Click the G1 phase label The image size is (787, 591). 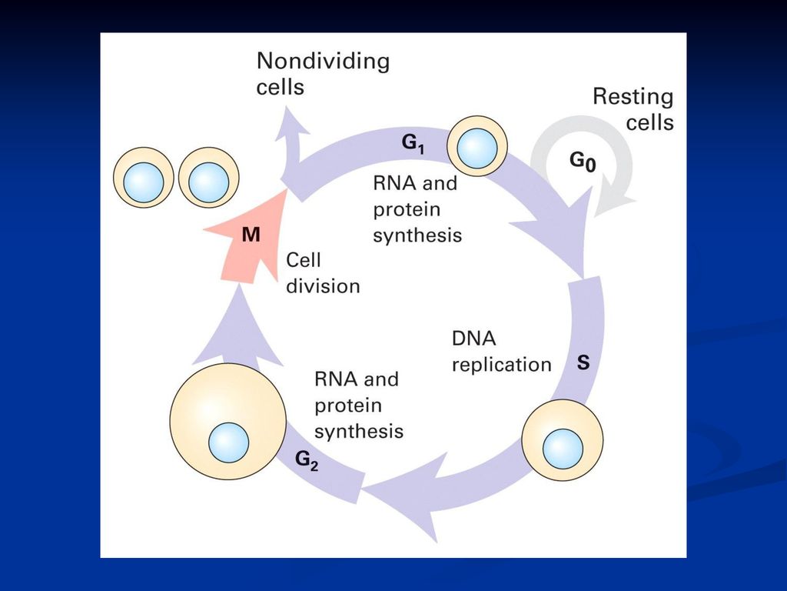(413, 144)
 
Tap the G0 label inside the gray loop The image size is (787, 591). (583, 162)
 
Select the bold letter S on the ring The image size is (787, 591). (583, 362)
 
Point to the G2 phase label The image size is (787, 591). (307, 460)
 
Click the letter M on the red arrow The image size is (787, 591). (251, 235)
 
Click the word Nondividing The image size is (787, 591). (324, 62)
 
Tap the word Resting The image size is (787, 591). (633, 97)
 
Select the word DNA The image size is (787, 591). (473, 339)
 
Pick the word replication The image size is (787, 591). (501, 365)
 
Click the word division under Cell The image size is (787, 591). (324, 286)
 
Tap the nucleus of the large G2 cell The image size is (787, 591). (229, 442)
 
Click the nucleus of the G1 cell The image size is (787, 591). (478, 149)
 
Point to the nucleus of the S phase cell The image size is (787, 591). (563, 449)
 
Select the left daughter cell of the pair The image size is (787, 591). (144, 178)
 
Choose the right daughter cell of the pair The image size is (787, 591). (208, 178)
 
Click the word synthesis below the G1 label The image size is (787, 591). (417, 235)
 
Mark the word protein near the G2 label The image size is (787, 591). (348, 406)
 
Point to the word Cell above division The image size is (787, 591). (303, 260)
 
